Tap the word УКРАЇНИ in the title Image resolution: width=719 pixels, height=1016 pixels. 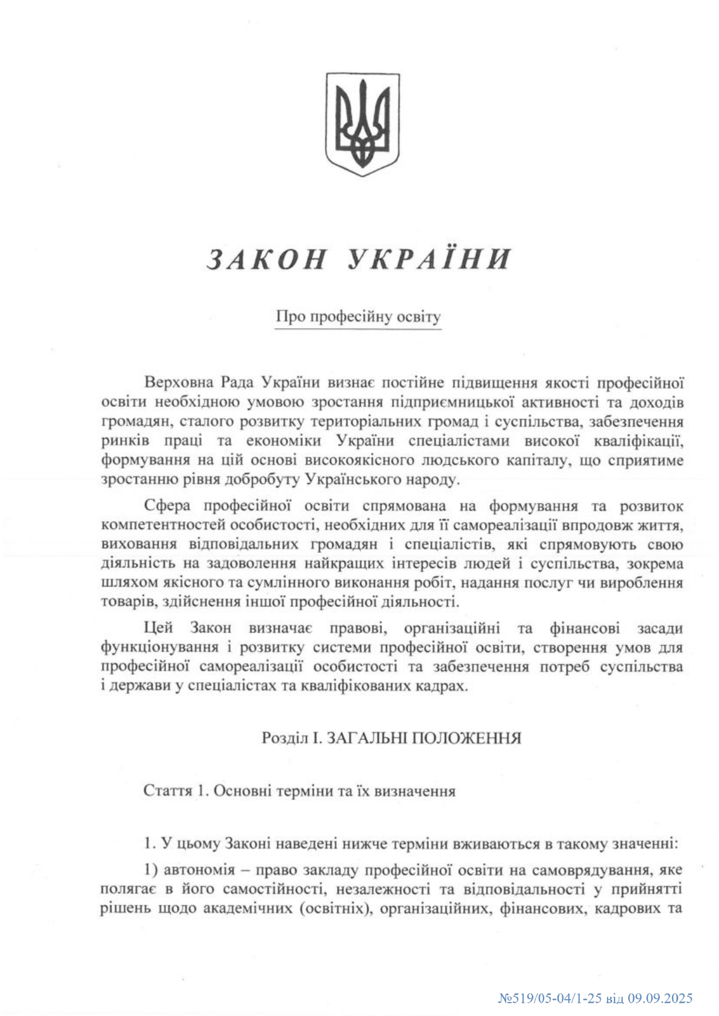[x=430, y=259]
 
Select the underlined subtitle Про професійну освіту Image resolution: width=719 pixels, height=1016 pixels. [x=358, y=316]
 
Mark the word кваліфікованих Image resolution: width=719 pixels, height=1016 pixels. [x=342, y=686]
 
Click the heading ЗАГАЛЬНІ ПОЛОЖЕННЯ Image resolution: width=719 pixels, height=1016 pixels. [x=421, y=738]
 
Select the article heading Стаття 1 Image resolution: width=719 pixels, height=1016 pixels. [x=175, y=791]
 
